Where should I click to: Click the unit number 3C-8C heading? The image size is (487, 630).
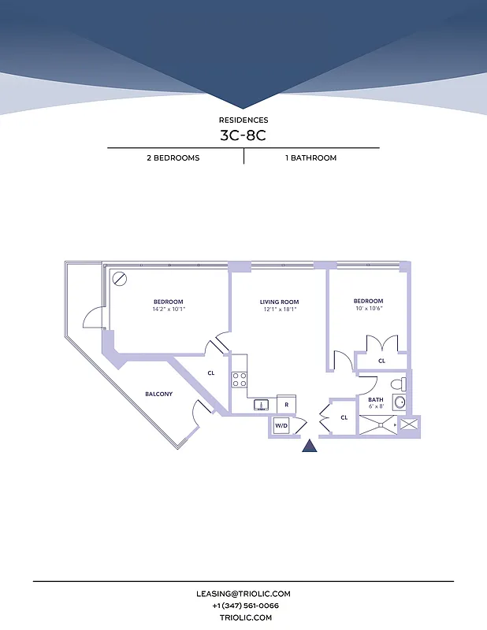click(x=243, y=135)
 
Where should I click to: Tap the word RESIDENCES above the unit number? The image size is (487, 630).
click(x=243, y=120)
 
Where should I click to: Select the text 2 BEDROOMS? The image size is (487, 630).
click(x=173, y=157)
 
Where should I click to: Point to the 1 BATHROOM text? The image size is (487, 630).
click(x=310, y=157)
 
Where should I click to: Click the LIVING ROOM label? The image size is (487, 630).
click(x=280, y=302)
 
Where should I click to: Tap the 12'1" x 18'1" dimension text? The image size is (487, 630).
click(x=280, y=309)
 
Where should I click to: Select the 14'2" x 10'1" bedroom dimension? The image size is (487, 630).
click(x=169, y=309)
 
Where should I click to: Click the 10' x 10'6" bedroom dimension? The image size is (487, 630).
click(x=368, y=309)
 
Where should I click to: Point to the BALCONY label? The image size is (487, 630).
click(x=158, y=394)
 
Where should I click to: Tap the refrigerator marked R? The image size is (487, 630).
click(x=286, y=405)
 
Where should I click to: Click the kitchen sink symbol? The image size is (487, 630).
click(x=262, y=405)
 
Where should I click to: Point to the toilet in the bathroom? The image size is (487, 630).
click(x=400, y=385)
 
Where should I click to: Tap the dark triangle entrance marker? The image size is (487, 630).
click(x=310, y=447)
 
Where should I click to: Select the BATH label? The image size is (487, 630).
click(x=376, y=400)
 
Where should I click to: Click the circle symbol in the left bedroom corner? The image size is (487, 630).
click(x=120, y=278)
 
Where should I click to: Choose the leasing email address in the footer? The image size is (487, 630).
click(x=243, y=594)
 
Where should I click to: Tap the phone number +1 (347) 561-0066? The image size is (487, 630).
click(x=243, y=606)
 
